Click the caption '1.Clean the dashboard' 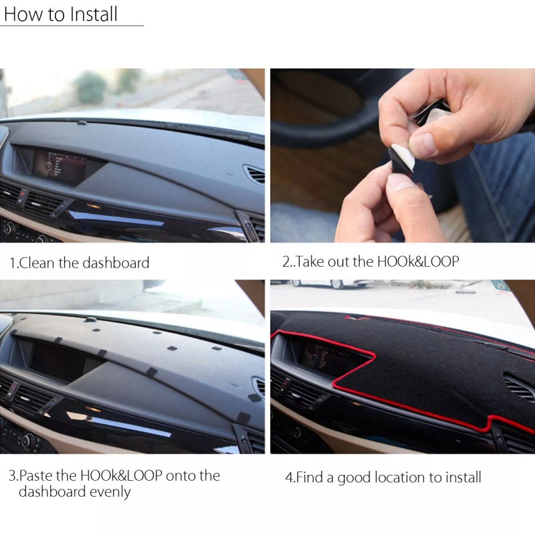(x=79, y=263)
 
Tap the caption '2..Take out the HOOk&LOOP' (x=370, y=261)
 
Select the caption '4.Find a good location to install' (x=383, y=477)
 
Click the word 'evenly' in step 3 (x=112, y=492)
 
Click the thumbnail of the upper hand (x=421, y=144)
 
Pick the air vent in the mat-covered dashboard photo (x=518, y=389)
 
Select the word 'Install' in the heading (x=91, y=15)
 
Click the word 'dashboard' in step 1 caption (x=116, y=263)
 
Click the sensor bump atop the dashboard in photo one (x=81, y=122)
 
